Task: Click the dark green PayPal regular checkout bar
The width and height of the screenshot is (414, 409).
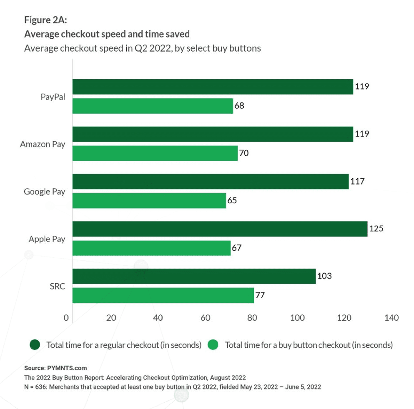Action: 213,87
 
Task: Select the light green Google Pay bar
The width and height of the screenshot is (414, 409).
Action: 149,201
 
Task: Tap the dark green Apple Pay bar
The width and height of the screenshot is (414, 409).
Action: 220,229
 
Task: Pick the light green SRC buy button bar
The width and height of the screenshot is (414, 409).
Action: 163,295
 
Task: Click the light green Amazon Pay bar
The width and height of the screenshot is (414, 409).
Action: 155,153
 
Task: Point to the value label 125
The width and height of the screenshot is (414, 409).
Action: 376,229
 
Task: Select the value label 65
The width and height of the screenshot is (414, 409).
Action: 232,201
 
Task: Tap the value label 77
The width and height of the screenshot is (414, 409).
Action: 260,295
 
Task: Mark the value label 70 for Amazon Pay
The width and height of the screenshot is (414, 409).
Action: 244,153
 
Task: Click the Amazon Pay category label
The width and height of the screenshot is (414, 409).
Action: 43,145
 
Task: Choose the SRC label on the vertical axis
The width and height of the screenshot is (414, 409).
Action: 57,287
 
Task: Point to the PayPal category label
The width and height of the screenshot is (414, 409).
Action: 53,97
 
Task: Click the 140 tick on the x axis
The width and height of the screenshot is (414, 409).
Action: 391,318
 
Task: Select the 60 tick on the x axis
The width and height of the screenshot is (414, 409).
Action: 205,318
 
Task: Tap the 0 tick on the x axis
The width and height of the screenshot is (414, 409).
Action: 66,318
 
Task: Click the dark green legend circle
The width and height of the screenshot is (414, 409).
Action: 35,345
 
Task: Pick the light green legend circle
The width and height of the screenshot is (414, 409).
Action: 213,345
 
